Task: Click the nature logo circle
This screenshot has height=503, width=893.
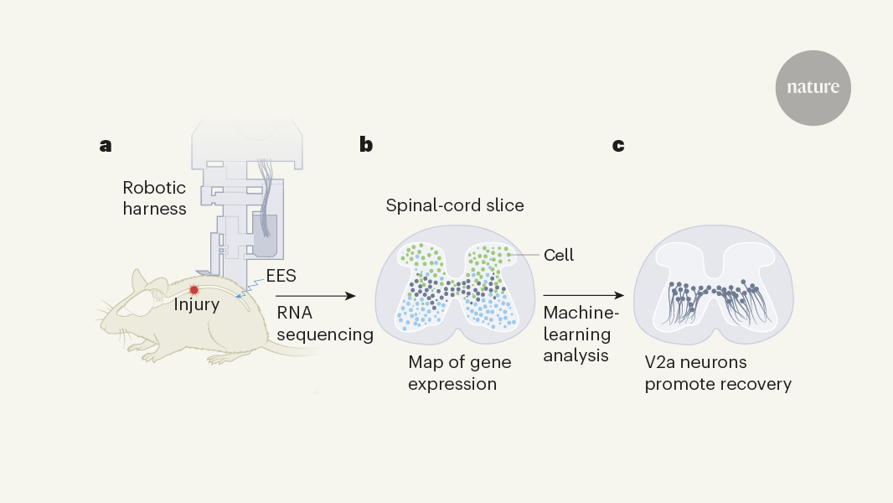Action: (x=813, y=88)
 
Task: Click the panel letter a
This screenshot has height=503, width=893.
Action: (x=106, y=146)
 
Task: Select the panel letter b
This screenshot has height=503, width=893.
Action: (x=366, y=145)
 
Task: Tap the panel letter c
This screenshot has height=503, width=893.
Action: (x=618, y=146)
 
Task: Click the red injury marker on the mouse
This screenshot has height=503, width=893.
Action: (x=194, y=289)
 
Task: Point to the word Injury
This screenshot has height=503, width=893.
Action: (x=196, y=305)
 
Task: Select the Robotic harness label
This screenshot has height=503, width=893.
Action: (x=154, y=198)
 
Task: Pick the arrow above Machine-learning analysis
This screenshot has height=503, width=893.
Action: (x=584, y=296)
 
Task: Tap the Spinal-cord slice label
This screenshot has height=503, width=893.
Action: (x=455, y=205)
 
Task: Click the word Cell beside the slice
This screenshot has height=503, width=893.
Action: (x=559, y=255)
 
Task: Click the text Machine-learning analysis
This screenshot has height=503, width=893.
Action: (x=577, y=334)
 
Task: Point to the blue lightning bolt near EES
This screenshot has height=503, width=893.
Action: (x=243, y=291)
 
